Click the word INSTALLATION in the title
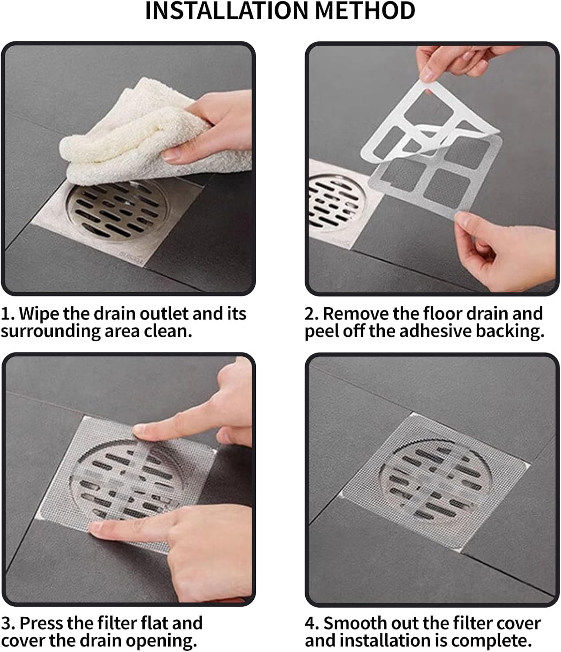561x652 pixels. [226, 11]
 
